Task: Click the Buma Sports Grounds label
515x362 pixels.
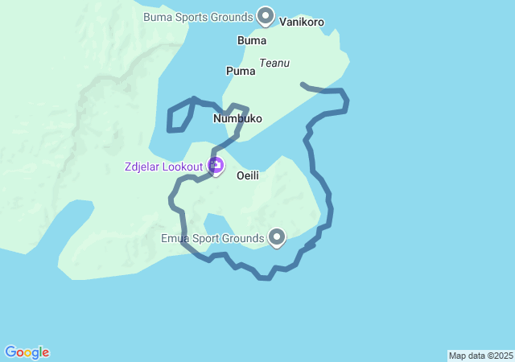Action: (197, 16)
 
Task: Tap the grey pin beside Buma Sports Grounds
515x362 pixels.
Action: (266, 15)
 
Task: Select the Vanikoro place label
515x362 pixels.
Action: (302, 23)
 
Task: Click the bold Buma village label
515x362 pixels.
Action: (252, 39)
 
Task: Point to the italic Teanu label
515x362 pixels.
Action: (274, 63)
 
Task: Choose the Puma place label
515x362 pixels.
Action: (241, 71)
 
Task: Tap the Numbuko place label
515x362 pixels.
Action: (237, 118)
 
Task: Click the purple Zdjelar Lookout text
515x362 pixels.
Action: (164, 167)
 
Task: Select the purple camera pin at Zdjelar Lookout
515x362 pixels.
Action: (216, 166)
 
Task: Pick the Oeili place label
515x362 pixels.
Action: (247, 175)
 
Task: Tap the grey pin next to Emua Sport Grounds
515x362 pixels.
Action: (277, 237)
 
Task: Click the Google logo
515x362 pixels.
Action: (27, 352)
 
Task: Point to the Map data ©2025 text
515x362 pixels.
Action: (480, 356)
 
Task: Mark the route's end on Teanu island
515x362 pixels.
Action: (303, 84)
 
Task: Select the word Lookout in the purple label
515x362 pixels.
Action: (184, 167)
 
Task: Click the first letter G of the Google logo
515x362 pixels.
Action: (10, 352)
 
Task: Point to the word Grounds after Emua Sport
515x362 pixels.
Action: (242, 238)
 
